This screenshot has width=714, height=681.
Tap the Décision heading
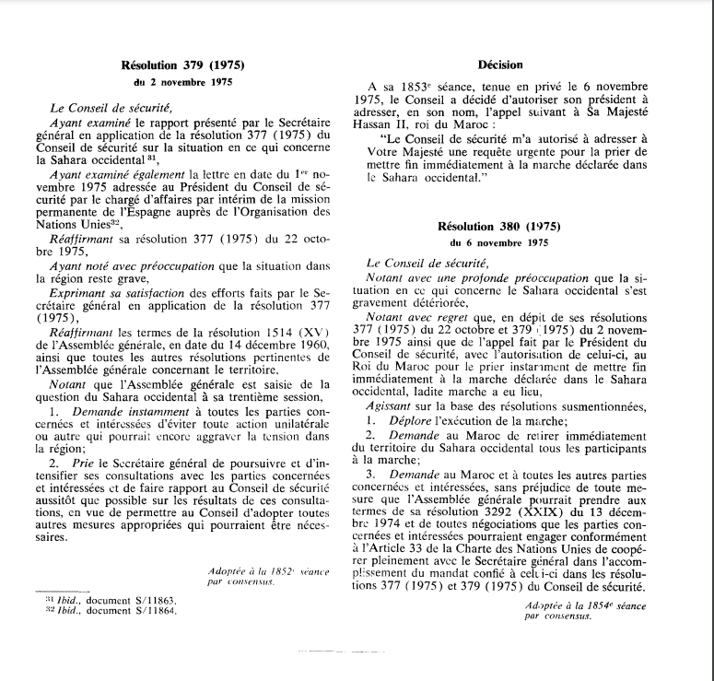tap(501, 65)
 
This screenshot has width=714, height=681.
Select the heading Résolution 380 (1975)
tap(501, 226)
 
